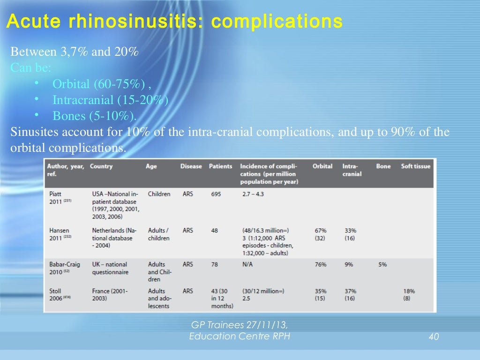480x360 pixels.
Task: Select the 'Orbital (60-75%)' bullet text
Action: tap(102, 84)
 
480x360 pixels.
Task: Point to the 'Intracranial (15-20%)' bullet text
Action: tap(110, 100)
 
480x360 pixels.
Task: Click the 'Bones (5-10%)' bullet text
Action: tap(95, 116)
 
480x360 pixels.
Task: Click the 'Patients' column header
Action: tap(220, 166)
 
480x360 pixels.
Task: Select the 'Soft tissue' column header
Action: tap(415, 166)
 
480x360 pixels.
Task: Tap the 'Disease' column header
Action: tap(191, 166)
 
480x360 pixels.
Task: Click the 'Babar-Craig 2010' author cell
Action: tap(65, 268)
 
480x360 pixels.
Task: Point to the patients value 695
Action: tap(215, 194)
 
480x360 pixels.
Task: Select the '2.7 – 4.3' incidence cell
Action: tap(253, 194)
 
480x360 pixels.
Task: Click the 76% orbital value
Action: tap(321, 265)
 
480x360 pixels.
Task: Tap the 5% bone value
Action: tap(382, 265)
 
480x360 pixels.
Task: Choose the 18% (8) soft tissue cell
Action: tap(409, 295)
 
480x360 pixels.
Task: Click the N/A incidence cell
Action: tap(248, 265)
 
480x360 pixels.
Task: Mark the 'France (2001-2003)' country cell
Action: tap(110, 295)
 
